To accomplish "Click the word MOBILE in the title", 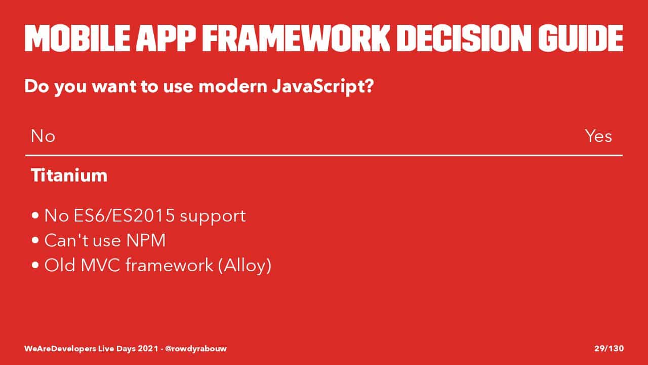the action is [x=77, y=38].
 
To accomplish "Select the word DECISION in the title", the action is [x=464, y=38].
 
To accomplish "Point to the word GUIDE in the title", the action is [x=581, y=38].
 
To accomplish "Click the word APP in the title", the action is [x=166, y=38].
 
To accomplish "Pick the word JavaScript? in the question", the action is [x=323, y=87].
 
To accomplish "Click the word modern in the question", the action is [x=233, y=87].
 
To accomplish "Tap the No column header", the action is [x=43, y=136].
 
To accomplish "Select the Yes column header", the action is [x=598, y=136].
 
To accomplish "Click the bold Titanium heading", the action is [x=69, y=175].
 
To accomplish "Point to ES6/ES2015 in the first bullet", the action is [x=124, y=216].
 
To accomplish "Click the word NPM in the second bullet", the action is [x=146, y=240].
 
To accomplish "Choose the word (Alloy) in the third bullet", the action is [x=245, y=265].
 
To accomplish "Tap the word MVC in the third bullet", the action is [x=100, y=265].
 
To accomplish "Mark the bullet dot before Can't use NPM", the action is [x=35, y=240].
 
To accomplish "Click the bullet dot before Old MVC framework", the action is [x=35, y=265].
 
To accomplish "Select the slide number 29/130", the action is [x=609, y=348].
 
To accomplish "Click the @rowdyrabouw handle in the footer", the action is [x=196, y=348].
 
